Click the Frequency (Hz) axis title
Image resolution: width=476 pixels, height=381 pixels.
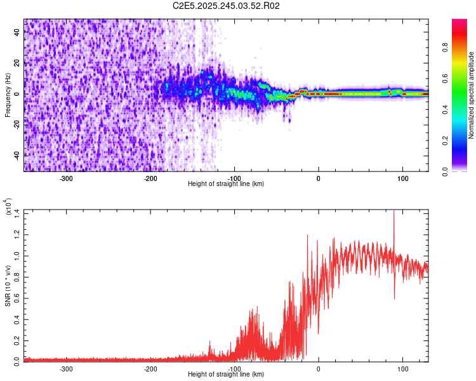pos(8,95)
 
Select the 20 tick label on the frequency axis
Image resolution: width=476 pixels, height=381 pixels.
pos(18,63)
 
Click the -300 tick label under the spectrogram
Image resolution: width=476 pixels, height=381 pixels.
pos(67,178)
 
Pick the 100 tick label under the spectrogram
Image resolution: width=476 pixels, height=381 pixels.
pos(402,178)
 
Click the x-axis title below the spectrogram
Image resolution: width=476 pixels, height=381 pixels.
pos(226,184)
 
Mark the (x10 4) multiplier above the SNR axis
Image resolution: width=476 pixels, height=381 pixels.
pos(8,207)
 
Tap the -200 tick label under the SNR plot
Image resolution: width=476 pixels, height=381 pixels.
pos(150,369)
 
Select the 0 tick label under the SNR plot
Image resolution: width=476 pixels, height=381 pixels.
pos(319,369)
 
